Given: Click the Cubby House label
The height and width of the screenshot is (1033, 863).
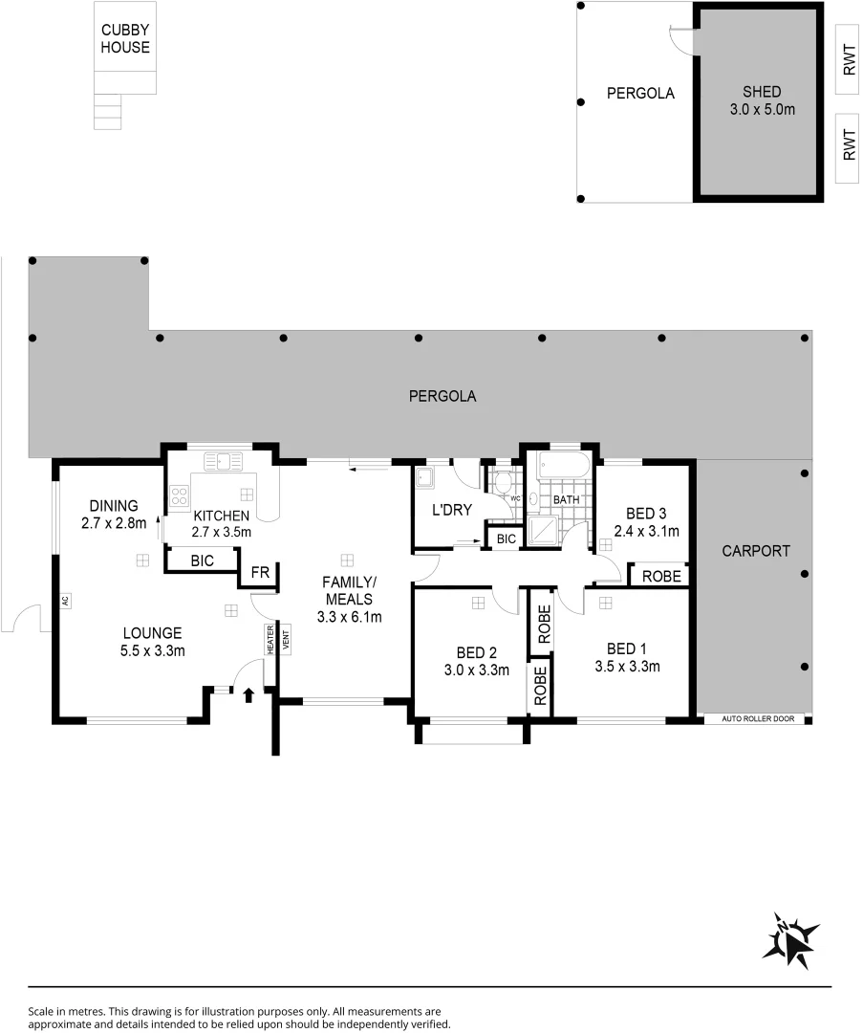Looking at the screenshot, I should coord(125,38).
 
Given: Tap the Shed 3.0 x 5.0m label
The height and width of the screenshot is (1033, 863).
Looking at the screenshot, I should coord(761,100).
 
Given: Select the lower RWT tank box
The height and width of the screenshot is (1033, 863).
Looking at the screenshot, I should coord(849,148).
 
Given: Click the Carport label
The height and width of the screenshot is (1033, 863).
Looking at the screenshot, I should coord(755,551).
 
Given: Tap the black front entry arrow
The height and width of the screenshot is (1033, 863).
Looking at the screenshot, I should coord(249,694).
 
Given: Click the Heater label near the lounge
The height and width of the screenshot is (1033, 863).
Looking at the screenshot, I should coord(270,639).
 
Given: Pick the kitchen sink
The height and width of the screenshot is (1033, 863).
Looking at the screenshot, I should coord(219,461).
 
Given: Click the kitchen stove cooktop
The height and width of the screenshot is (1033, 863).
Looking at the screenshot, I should coord(179,495).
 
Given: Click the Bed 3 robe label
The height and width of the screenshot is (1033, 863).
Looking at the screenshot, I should coord(660,577).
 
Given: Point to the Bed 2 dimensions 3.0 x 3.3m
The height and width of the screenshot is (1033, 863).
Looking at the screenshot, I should coord(476,670).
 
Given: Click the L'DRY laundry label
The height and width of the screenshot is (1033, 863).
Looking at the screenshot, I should coord(451,510).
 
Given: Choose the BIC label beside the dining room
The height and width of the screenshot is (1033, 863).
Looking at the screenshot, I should coord(202,560).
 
